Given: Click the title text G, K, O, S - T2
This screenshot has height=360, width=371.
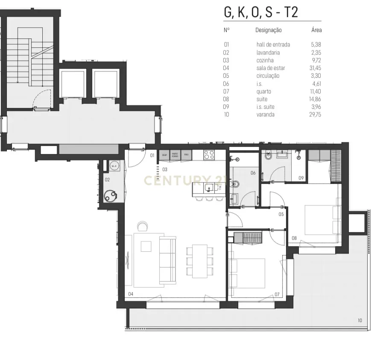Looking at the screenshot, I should [260, 12].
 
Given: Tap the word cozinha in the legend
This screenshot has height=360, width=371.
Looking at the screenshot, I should [265, 60].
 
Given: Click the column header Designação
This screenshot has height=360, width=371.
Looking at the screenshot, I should [268, 30].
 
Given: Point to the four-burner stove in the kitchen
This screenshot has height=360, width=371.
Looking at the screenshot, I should [209, 155].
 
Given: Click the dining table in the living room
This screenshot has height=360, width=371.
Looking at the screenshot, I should [199, 260].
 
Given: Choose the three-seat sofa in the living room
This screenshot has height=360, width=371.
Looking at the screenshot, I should [167, 260].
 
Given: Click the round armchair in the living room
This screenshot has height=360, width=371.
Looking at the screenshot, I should [142, 225].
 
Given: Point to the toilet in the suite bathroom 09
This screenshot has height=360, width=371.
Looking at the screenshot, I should [268, 157].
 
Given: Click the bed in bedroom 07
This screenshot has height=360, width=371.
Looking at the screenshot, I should [248, 273].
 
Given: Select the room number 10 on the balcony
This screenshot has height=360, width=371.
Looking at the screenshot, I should [359, 320].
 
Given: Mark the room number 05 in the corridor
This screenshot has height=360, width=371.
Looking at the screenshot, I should [281, 214].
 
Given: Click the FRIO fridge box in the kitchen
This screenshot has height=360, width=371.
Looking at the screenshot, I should [186, 155].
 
